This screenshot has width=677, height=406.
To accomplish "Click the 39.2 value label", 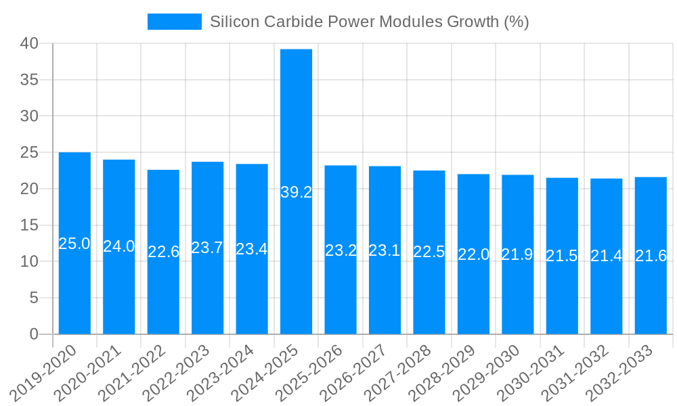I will point(296,192).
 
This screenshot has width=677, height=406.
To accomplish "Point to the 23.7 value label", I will point(207,248).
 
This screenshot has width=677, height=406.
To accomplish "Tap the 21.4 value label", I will point(606,256).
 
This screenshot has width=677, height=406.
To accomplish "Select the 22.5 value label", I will point(429,252).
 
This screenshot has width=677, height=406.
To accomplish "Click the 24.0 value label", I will point(118,246).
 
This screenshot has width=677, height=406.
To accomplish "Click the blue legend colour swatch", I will point(175,22).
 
